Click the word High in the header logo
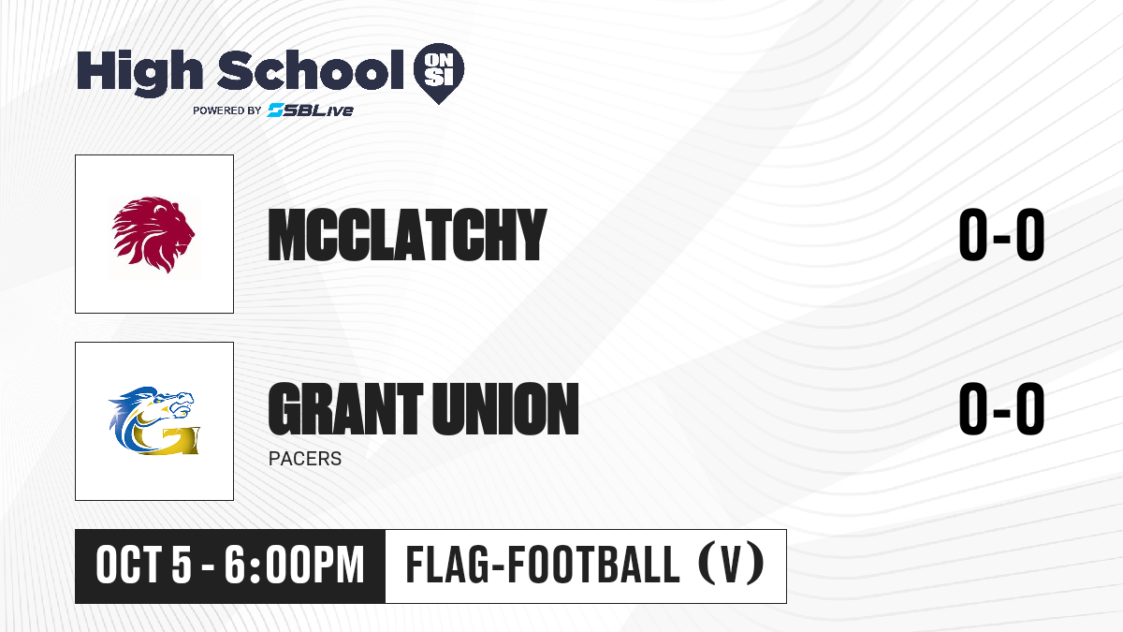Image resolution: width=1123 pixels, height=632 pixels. [139, 72]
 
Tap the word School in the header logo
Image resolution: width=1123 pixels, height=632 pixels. [311, 69]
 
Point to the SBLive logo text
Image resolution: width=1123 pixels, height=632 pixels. [311, 110]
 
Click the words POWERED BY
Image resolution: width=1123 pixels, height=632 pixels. [227, 110]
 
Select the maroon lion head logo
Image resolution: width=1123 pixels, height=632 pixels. [153, 234]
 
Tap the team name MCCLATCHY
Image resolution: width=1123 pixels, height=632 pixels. [407, 235]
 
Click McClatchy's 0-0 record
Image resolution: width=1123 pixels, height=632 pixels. [1001, 235]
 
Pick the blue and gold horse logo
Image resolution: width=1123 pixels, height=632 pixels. [154, 420]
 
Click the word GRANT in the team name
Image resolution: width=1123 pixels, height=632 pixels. [345, 408]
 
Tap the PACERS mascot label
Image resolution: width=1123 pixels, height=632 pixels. [305, 459]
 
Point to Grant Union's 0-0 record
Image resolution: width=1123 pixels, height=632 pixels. [1001, 408]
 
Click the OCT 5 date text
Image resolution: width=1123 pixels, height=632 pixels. [143, 566]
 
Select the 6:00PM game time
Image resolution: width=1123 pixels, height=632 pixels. [294, 566]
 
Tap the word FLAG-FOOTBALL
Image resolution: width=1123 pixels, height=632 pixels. [543, 566]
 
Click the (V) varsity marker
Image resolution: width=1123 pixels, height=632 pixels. [732, 566]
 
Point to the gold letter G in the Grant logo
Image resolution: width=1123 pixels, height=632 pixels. [168, 439]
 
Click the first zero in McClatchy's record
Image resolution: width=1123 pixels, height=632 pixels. [973, 235]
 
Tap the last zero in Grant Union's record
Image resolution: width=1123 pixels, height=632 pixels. [1029, 408]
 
